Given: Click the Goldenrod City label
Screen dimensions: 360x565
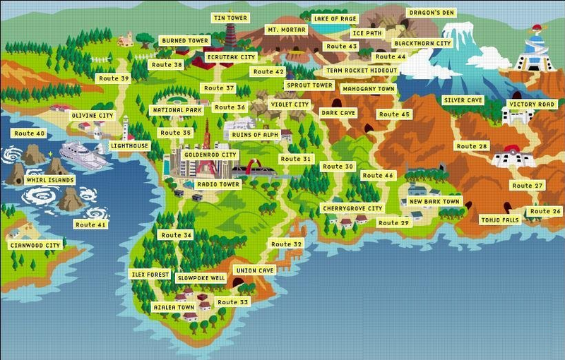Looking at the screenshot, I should point(209,154).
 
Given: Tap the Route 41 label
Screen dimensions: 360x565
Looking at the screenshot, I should point(92,224).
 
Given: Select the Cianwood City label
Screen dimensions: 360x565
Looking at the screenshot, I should point(35,245).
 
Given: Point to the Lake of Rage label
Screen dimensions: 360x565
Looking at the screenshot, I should point(335,18).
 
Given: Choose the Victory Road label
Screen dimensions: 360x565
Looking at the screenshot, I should point(532,104).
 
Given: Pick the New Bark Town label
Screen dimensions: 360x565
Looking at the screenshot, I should point(435,202).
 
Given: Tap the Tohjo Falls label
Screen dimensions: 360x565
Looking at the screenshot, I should point(501,220).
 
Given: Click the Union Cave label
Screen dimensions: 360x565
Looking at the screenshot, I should point(255,270).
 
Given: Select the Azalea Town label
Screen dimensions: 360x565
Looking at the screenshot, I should point(174,308).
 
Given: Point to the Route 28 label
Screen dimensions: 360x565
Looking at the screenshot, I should point(472,147).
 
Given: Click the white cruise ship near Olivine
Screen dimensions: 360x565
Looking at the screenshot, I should point(83,155).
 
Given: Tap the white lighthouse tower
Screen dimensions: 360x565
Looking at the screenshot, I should point(126,128).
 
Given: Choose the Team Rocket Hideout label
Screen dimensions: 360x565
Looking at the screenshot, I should point(361,71).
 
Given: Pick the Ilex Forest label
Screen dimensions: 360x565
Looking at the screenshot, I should point(150,273).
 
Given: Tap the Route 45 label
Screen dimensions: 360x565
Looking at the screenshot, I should point(393,114).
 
